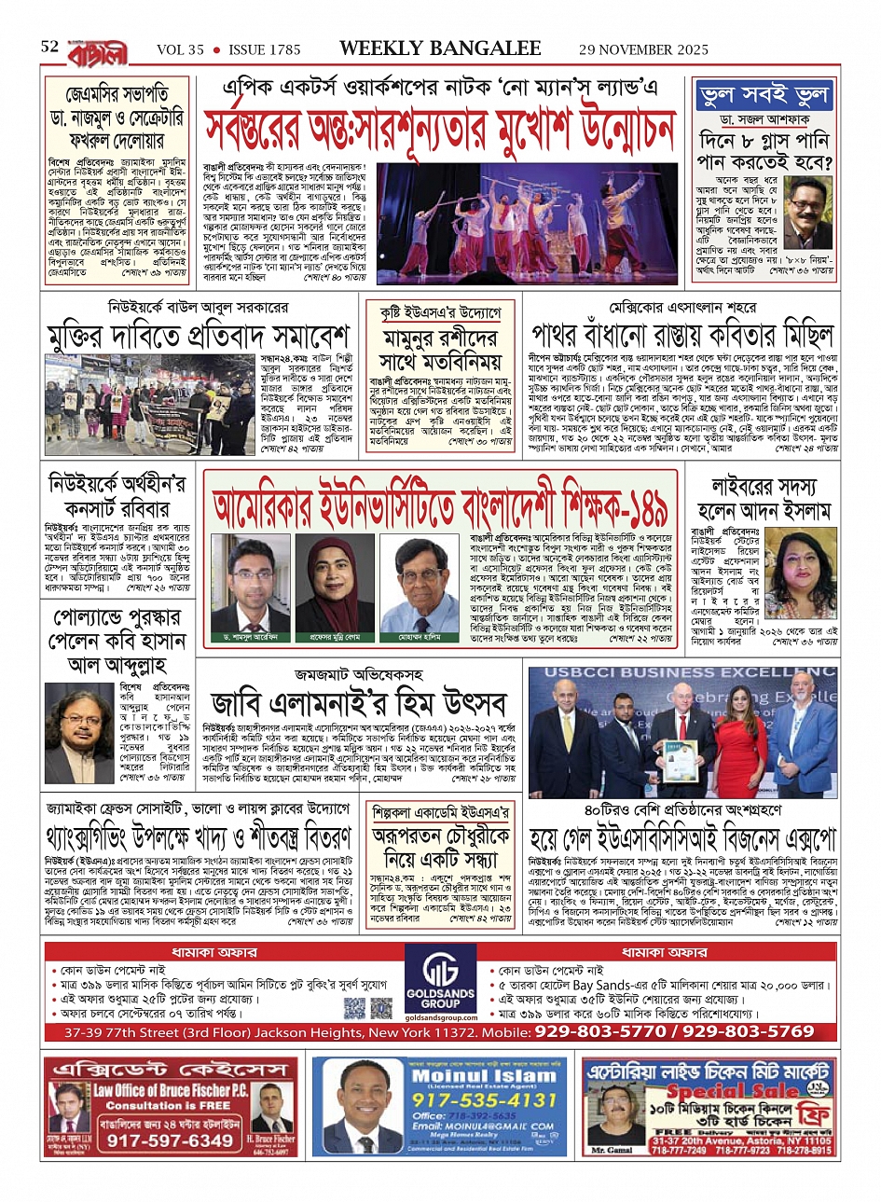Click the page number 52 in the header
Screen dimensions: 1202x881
[50, 47]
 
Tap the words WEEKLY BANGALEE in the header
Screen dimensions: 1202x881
[440, 48]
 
